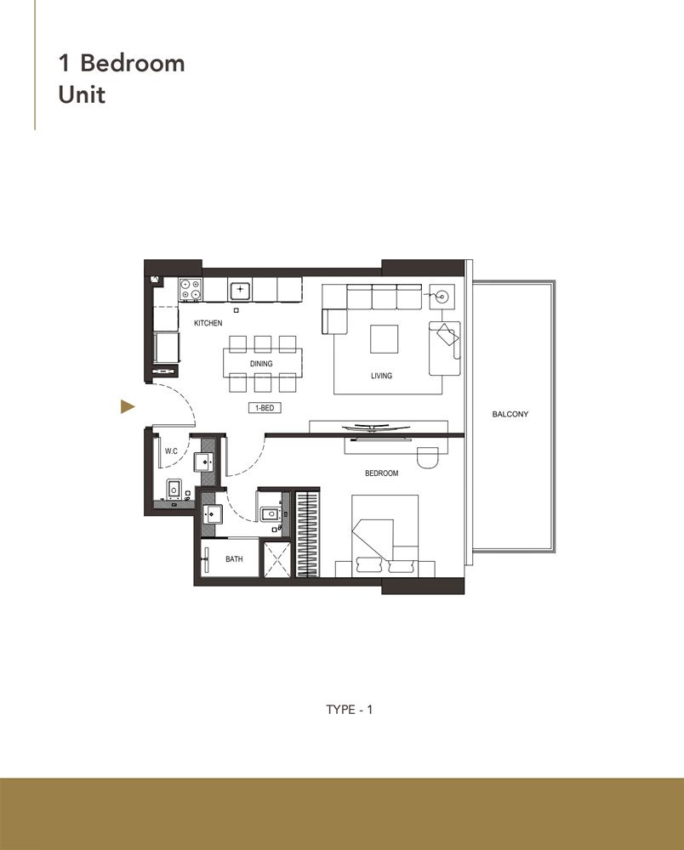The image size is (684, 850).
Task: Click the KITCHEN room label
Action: pyautogui.click(x=208, y=323)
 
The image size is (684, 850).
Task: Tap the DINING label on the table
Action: pyautogui.click(x=261, y=364)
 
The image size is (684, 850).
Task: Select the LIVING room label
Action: pyautogui.click(x=382, y=375)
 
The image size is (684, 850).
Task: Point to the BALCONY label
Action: pyautogui.click(x=510, y=414)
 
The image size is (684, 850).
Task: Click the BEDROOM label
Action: pyautogui.click(x=382, y=473)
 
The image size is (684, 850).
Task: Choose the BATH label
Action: pyautogui.click(x=234, y=559)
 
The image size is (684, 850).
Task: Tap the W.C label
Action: pyautogui.click(x=170, y=450)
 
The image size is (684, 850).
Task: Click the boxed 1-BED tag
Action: pyautogui.click(x=265, y=408)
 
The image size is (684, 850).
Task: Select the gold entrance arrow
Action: pyautogui.click(x=128, y=407)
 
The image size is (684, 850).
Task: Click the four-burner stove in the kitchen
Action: pyautogui.click(x=191, y=290)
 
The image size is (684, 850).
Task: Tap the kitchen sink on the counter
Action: pyautogui.click(x=241, y=290)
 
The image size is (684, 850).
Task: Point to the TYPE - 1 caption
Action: pyautogui.click(x=350, y=709)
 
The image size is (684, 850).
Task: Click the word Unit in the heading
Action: pyautogui.click(x=82, y=94)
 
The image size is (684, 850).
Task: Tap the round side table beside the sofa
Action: pyautogui.click(x=442, y=297)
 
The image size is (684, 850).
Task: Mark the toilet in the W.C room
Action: pyautogui.click(x=174, y=490)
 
